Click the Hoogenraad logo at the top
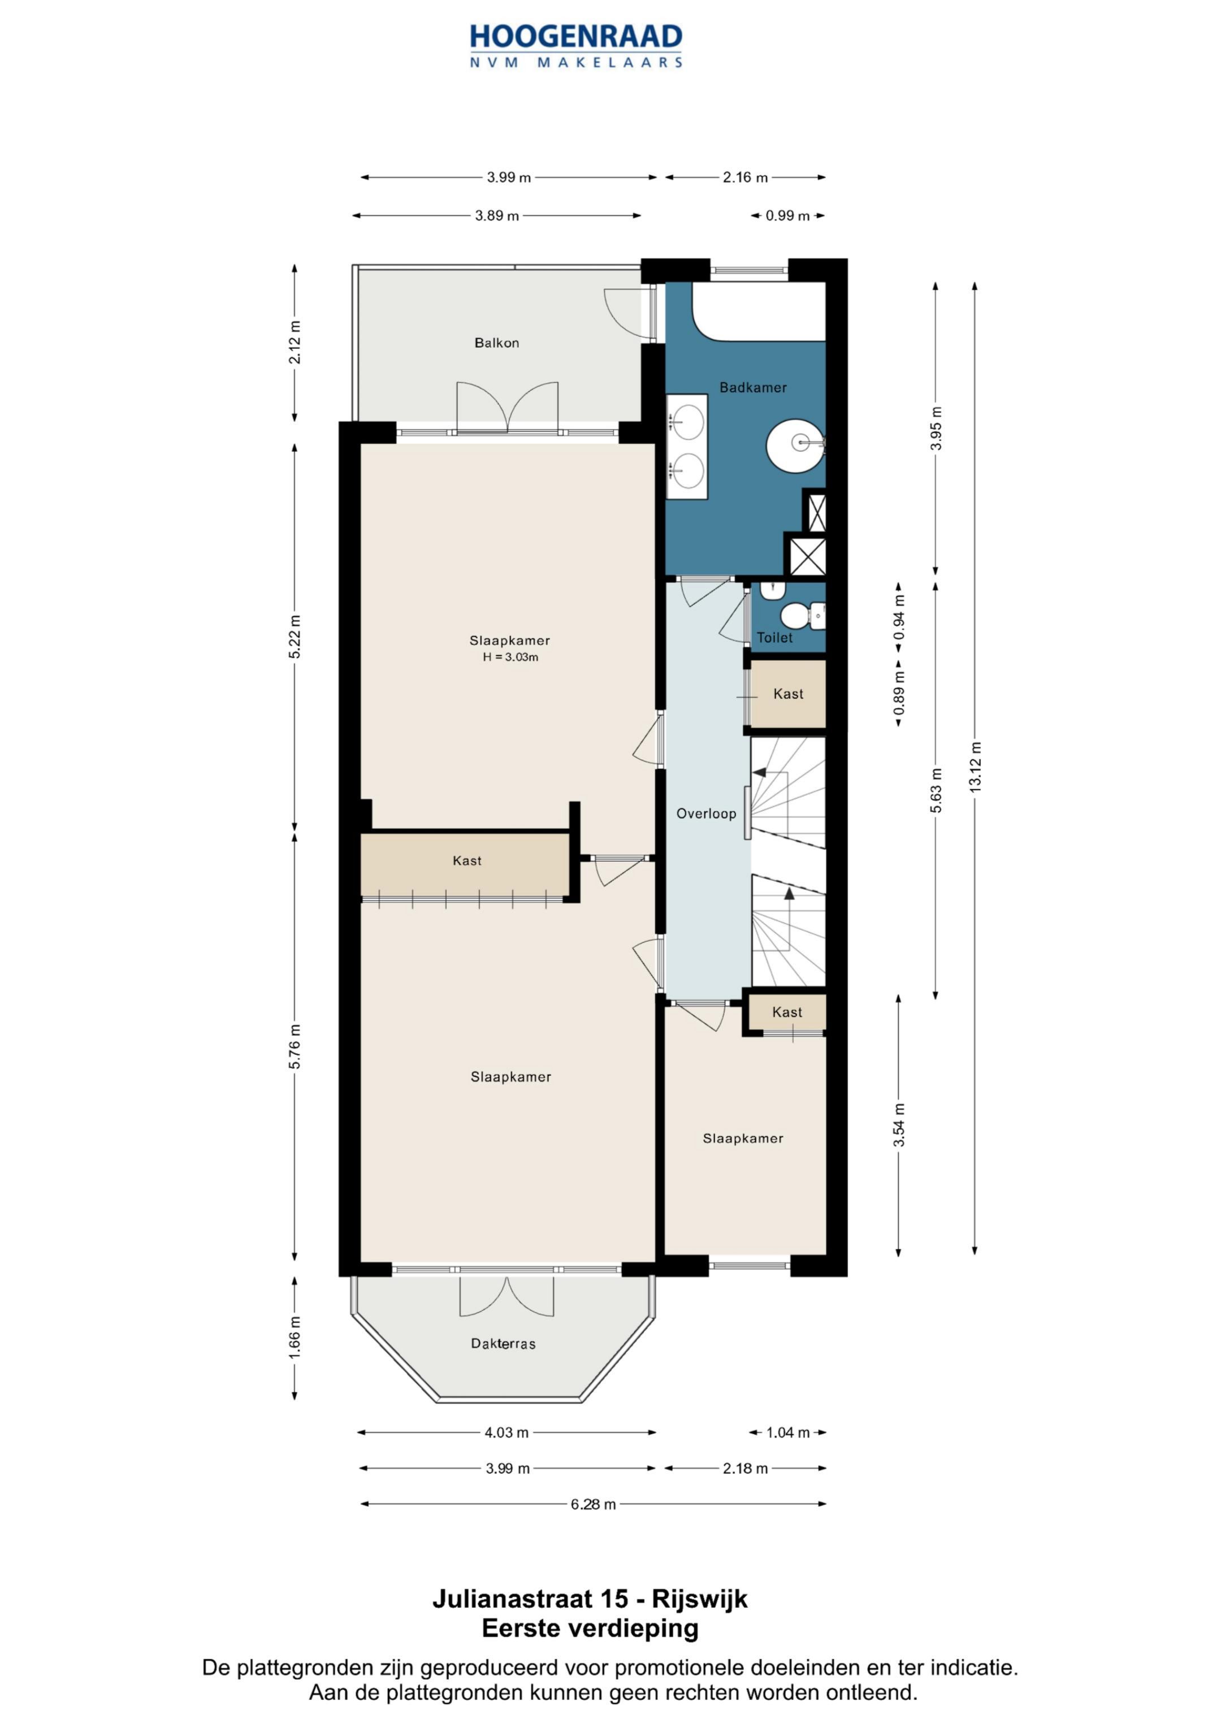coord(576,45)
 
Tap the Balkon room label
coord(496,343)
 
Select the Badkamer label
coord(753,387)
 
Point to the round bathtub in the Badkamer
coord(796,445)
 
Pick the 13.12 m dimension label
coord(975,767)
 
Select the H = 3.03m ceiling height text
coord(511,657)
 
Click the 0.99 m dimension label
coord(787,216)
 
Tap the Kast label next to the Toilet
coord(789,694)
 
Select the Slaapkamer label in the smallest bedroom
coord(743,1138)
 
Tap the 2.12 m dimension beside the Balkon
coord(295,342)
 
